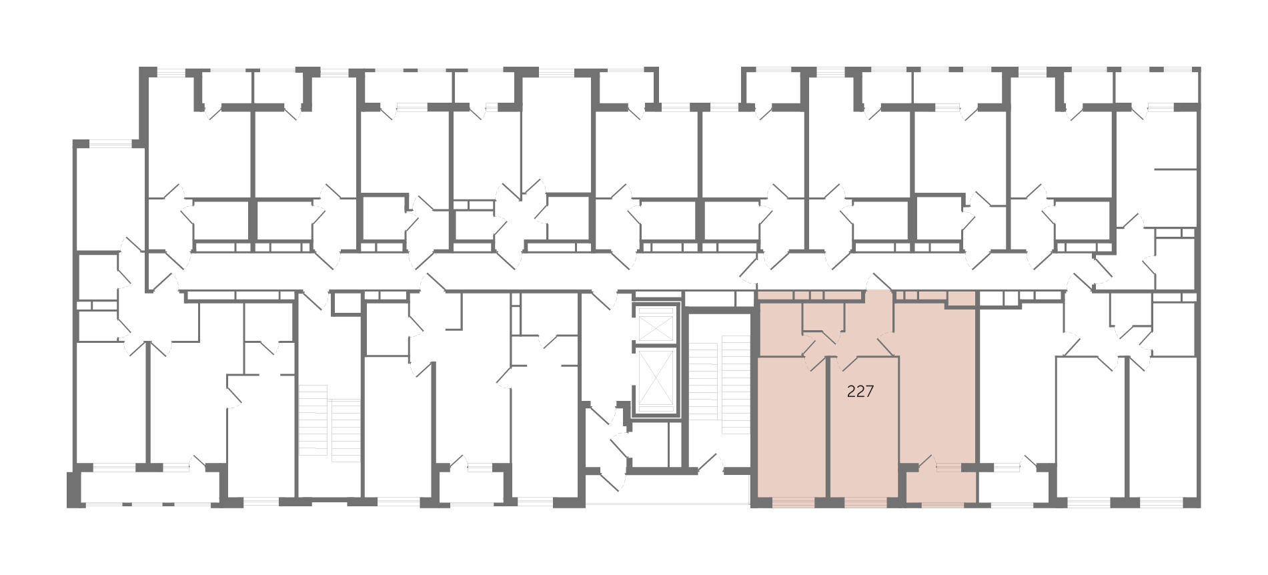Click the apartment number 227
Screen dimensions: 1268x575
pyautogui.click(x=860, y=392)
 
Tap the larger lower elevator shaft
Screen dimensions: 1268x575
pyautogui.click(x=657, y=378)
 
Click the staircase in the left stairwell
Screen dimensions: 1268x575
pyautogui.click(x=330, y=424)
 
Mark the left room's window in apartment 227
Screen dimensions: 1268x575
pyautogui.click(x=793, y=502)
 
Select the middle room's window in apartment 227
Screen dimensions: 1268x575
pyautogui.click(x=866, y=502)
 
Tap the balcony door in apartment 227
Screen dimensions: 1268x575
pyautogui.click(x=924, y=462)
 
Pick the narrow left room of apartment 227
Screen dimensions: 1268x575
pyautogui.click(x=793, y=427)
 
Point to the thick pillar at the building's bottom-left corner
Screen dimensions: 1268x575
pyautogui.click(x=74, y=489)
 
